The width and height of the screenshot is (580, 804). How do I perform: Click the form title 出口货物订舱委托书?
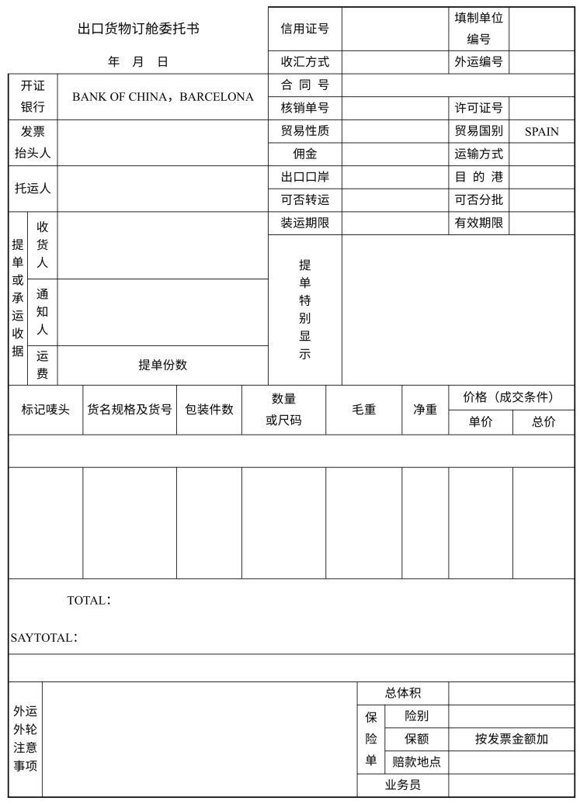[x=138, y=29]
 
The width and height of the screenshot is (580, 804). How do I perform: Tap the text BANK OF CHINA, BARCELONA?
[x=163, y=97]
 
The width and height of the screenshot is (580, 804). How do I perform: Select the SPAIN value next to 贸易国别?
[x=541, y=131]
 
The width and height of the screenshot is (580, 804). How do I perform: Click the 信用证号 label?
[x=304, y=29]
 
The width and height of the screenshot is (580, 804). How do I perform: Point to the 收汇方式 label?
[x=304, y=62]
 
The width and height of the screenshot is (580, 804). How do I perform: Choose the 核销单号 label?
[x=304, y=108]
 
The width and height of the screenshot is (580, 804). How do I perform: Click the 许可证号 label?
[x=478, y=108]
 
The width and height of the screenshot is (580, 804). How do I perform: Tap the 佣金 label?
[x=304, y=154]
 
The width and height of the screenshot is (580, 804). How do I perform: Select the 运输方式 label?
[x=478, y=154]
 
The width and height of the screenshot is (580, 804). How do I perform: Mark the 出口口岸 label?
[x=304, y=177]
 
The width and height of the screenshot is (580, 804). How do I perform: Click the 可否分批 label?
[x=478, y=200]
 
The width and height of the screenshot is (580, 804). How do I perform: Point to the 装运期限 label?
[x=304, y=224]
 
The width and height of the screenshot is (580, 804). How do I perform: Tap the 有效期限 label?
[x=478, y=224]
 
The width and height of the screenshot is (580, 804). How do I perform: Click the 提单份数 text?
[x=162, y=365]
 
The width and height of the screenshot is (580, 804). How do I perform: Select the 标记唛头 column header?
[x=45, y=409]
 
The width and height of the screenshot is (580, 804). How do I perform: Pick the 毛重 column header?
[x=363, y=409]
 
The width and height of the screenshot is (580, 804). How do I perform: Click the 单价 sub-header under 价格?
[x=480, y=421]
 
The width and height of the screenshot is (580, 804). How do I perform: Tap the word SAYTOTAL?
[x=43, y=637]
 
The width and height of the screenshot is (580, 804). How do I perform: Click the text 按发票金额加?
[x=511, y=739]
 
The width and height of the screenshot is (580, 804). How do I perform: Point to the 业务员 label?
[x=402, y=785]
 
